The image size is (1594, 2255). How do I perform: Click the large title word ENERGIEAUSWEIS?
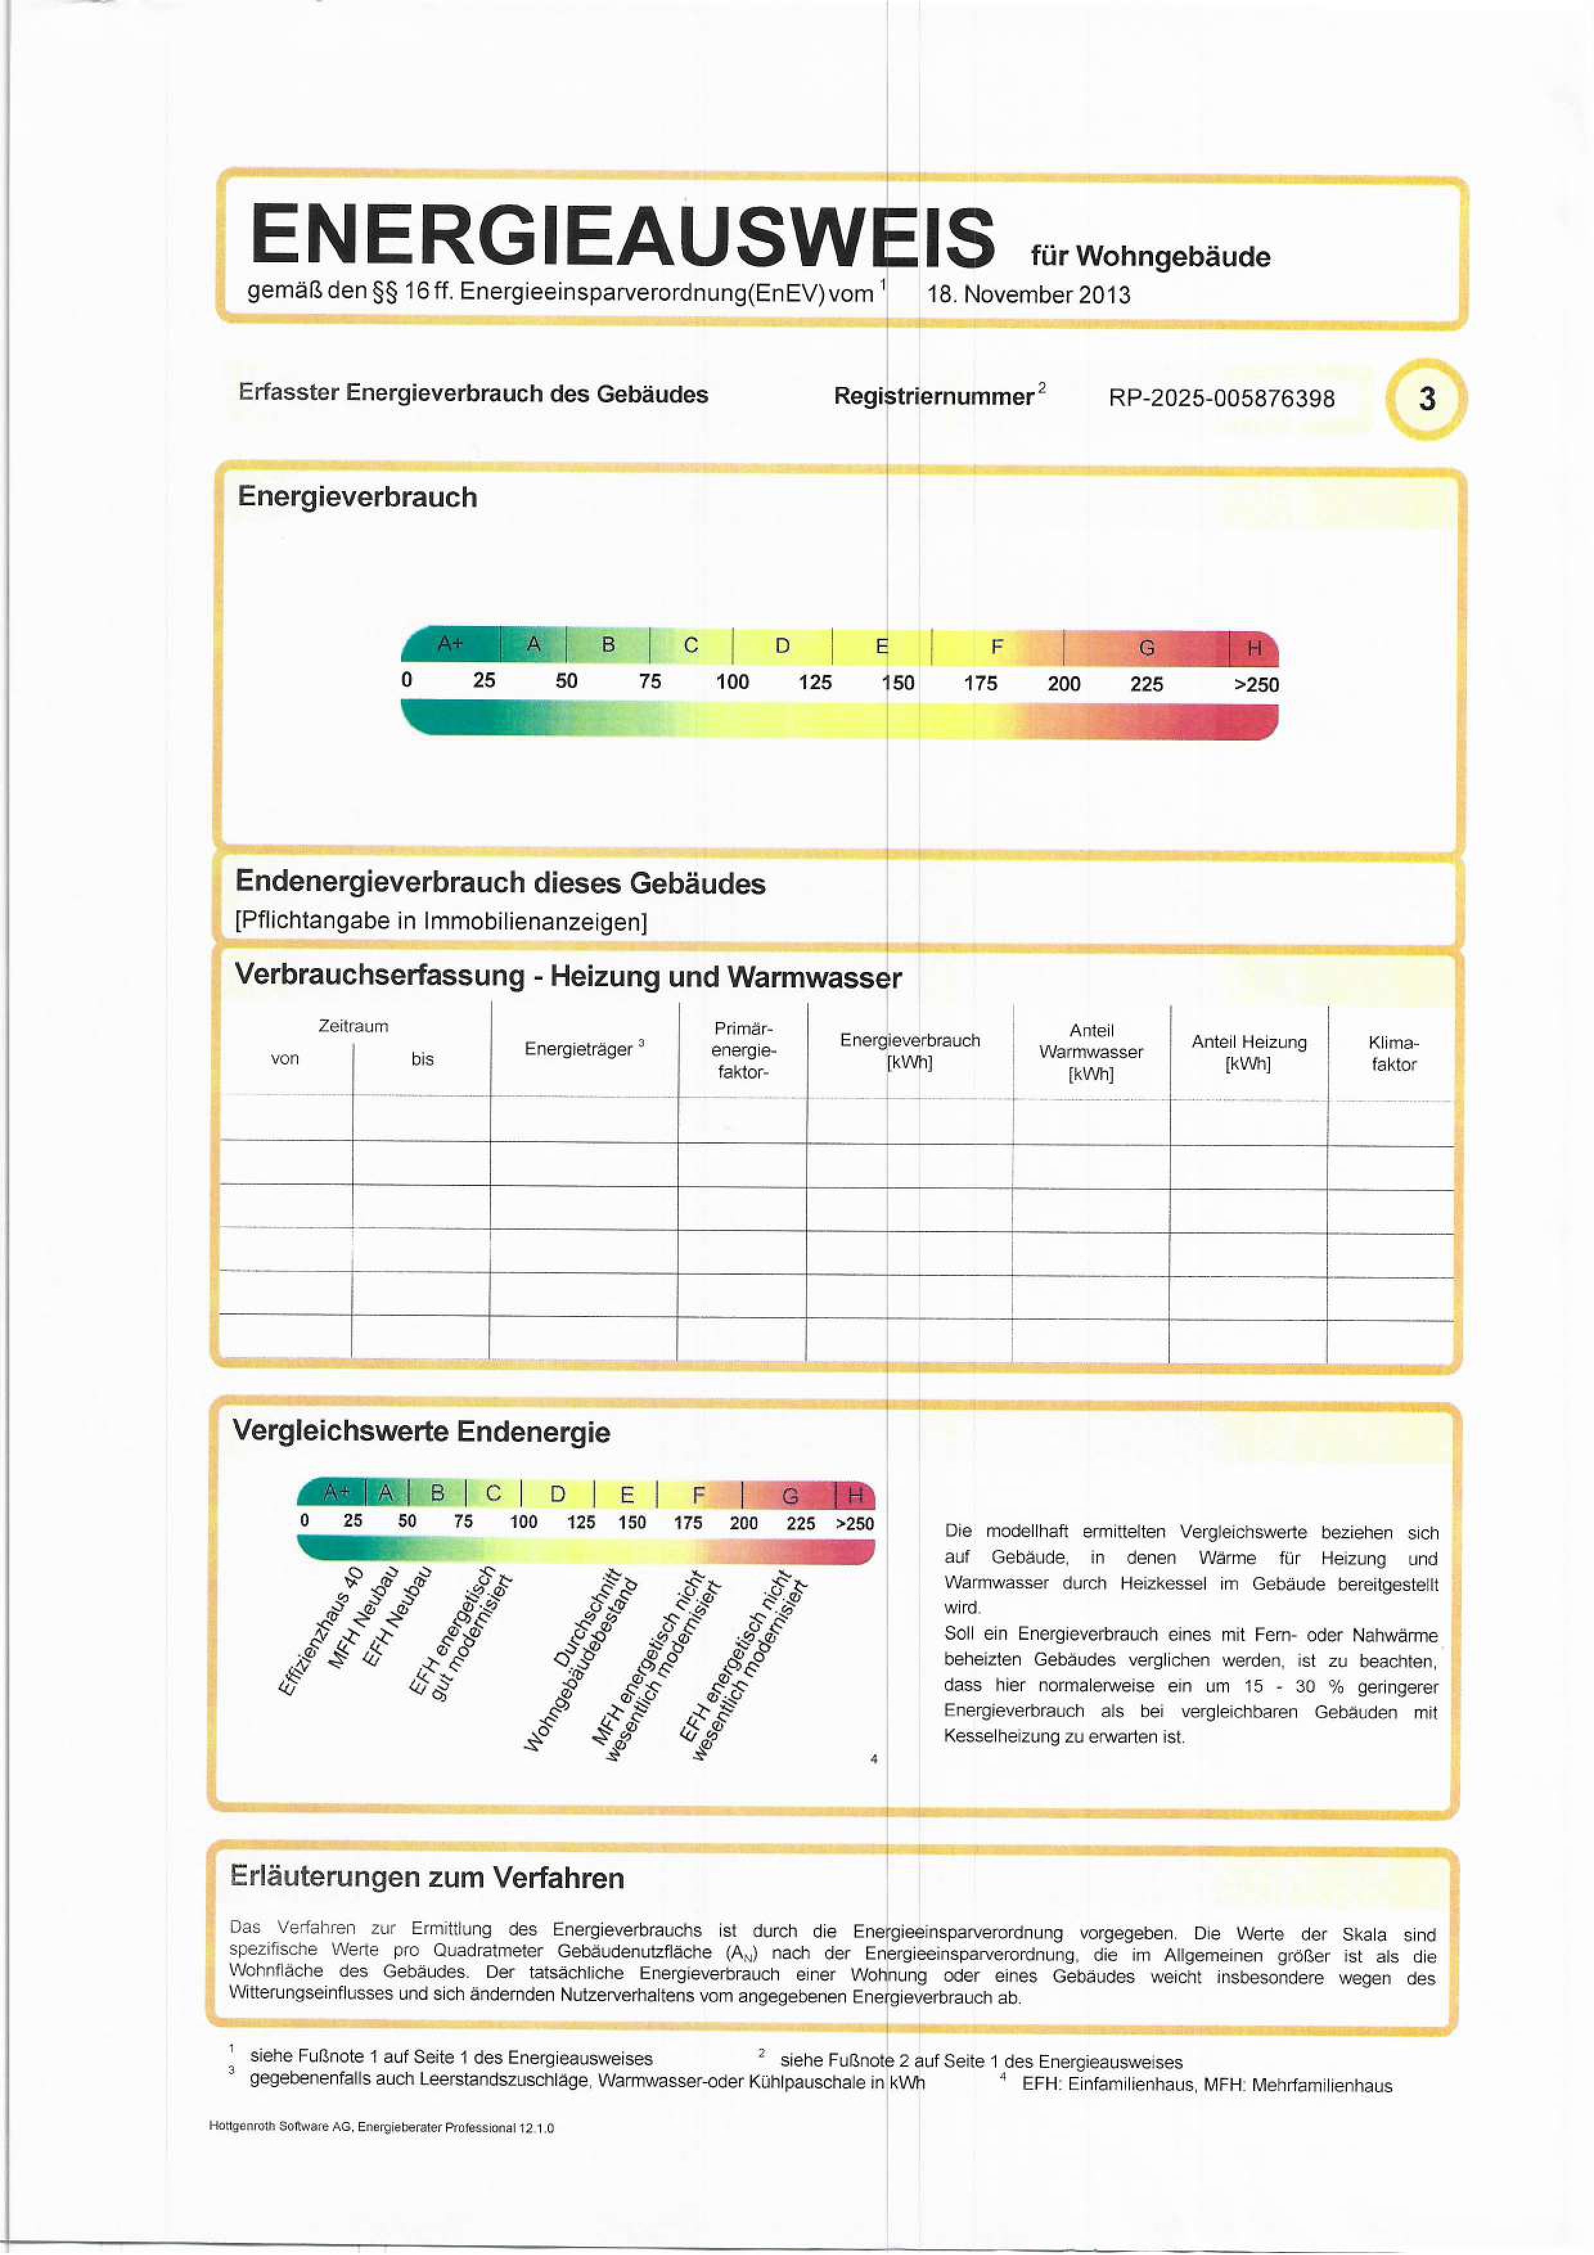[x=622, y=236]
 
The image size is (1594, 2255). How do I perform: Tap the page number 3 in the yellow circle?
[x=1426, y=399]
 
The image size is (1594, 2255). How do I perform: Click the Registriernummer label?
[x=933, y=396]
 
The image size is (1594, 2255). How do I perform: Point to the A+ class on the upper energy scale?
[x=450, y=643]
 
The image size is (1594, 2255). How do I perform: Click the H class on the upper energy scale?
[x=1253, y=648]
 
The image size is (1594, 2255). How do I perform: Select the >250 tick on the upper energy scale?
[x=1255, y=685]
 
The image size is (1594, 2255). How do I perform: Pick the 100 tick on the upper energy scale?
[x=731, y=681]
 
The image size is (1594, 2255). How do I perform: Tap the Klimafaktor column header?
[x=1393, y=1053]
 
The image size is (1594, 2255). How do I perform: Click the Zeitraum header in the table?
[x=353, y=1025]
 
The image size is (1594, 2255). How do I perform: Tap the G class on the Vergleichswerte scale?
[x=790, y=1496]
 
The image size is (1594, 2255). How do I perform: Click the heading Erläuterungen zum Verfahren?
[x=426, y=1877]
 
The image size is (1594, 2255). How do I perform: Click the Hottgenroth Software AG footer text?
[x=381, y=2127]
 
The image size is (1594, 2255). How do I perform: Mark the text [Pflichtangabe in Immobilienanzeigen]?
[x=440, y=921]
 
